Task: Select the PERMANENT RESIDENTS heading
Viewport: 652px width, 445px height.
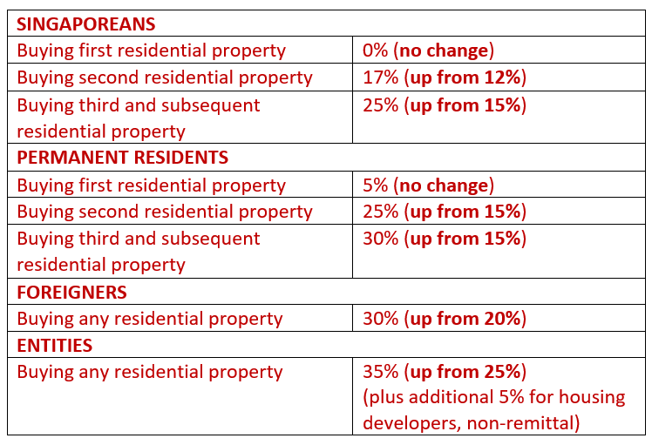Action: pos(122,158)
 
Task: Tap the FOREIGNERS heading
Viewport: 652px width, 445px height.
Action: pos(71,292)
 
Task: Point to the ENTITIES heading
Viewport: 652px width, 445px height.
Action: pos(54,345)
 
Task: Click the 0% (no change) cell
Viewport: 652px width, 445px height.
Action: pos(428,51)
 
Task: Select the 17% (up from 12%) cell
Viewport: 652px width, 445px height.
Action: pos(445,78)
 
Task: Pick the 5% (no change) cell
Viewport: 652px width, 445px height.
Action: pos(428,185)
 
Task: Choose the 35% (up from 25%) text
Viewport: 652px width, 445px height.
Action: pos(445,372)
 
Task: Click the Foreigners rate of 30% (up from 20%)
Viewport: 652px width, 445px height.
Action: pos(445,319)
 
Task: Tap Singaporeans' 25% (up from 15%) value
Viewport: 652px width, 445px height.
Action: pos(445,105)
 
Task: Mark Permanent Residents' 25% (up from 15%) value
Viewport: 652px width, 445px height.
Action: pos(445,212)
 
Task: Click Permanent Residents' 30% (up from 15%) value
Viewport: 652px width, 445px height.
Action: pos(445,239)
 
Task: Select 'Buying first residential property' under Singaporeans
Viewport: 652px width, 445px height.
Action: pos(151,51)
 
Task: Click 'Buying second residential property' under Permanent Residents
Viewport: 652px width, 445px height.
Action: pos(165,212)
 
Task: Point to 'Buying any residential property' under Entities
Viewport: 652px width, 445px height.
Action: pos(150,372)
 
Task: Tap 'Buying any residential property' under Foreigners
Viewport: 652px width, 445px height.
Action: pos(150,319)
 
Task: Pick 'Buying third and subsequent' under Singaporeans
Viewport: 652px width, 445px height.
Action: pos(139,105)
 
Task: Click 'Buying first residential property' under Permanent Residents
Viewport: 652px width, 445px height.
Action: pos(151,185)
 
